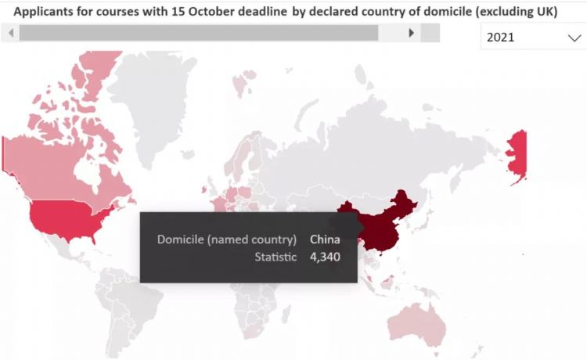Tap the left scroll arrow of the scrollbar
(10, 33)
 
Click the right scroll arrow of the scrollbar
(412, 33)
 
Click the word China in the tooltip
(325, 239)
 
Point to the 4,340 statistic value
(325, 256)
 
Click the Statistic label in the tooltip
(276, 256)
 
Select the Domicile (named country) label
(227, 239)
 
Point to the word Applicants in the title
(38, 12)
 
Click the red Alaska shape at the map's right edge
(517, 157)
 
